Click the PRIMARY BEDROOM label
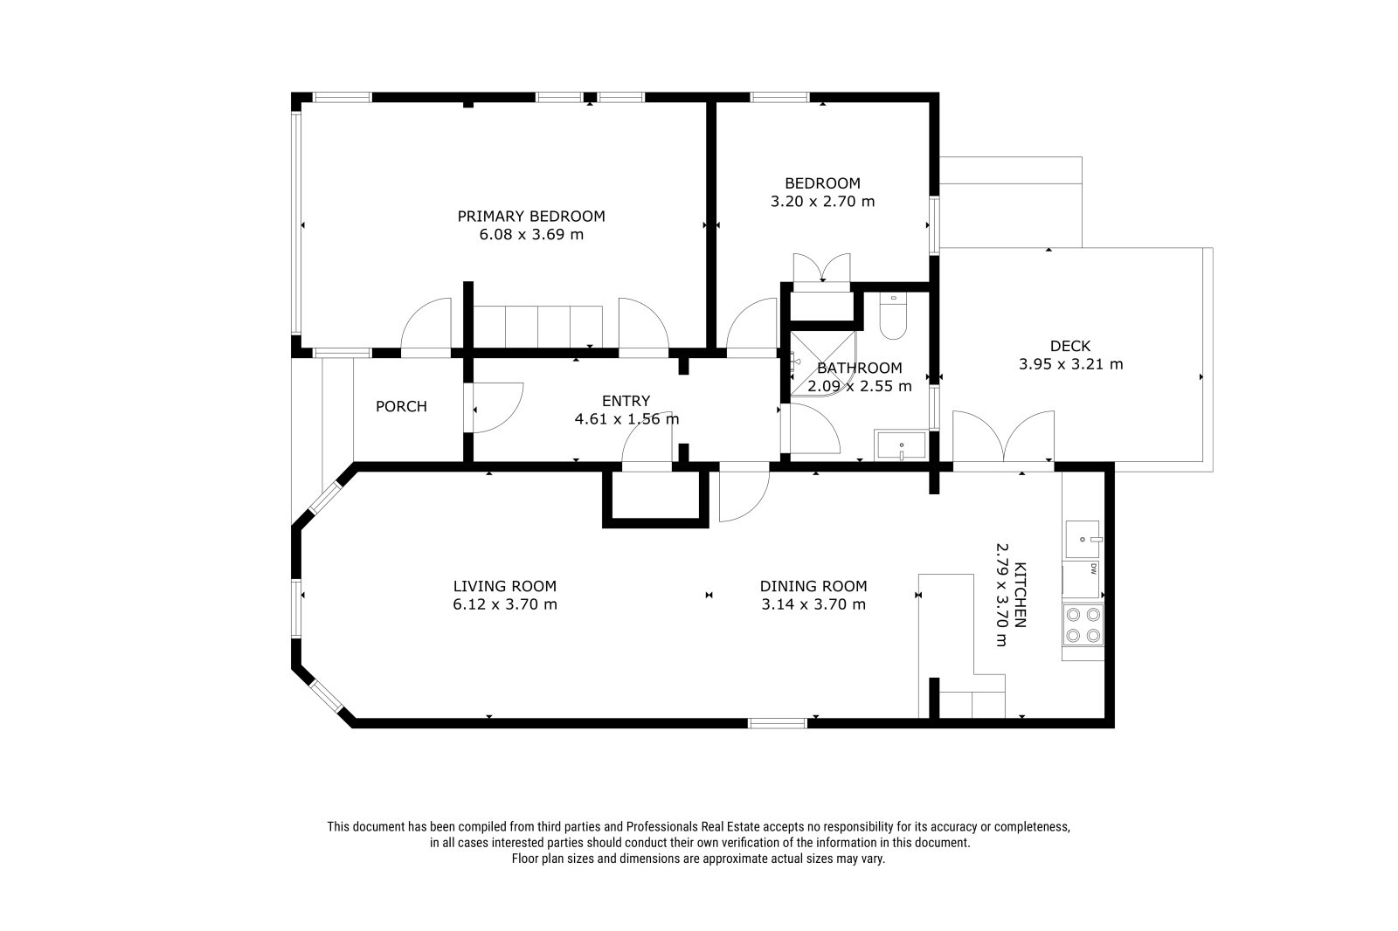531,217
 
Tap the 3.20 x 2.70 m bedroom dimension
822,202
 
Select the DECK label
1070,346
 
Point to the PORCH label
401,406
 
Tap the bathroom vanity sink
901,445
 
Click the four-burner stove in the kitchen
1083,625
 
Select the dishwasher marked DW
1083,580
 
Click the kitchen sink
1083,539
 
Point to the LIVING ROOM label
504,587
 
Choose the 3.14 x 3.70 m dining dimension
813,604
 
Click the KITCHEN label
1021,595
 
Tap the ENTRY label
626,401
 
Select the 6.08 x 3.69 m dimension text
531,235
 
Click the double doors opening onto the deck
1004,437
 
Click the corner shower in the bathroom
822,365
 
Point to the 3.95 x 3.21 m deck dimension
1071,364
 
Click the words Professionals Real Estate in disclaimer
693,827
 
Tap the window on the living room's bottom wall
778,723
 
